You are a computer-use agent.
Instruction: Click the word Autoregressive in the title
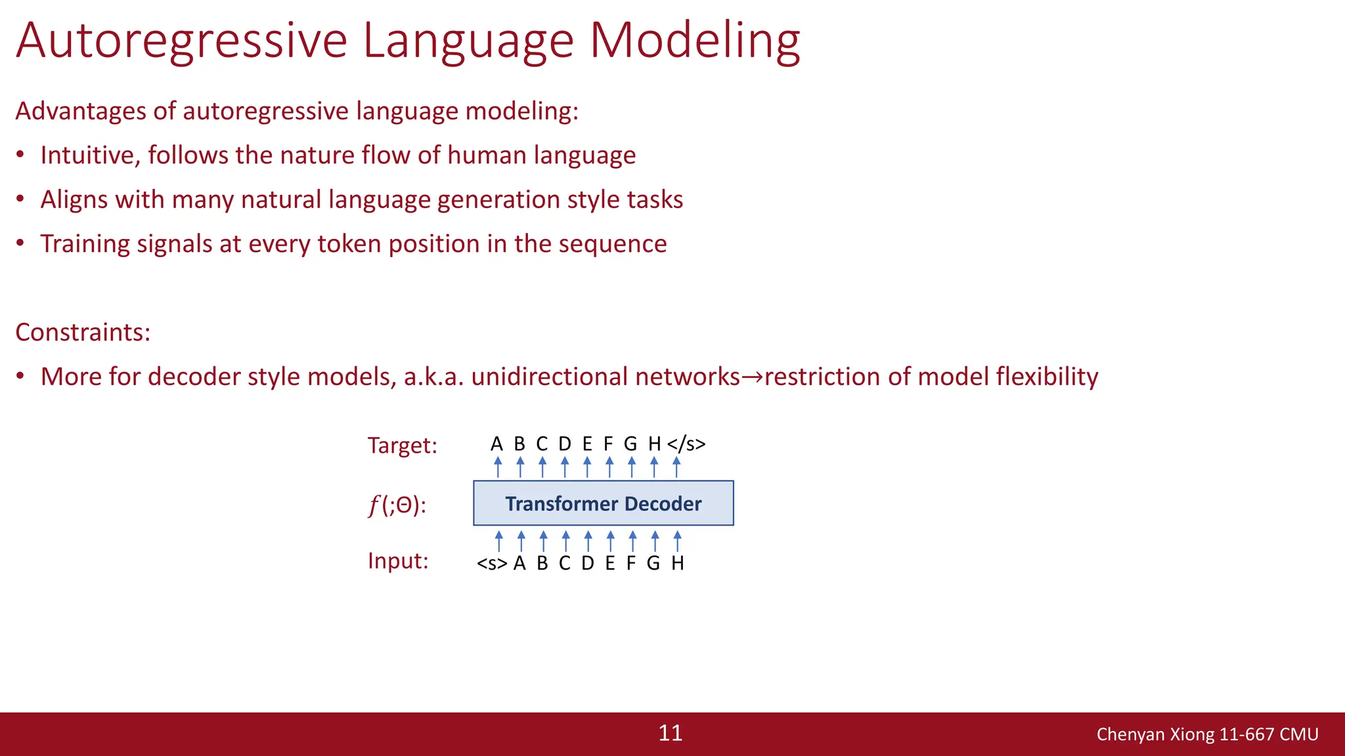(181, 41)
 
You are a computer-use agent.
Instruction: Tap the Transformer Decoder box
(603, 503)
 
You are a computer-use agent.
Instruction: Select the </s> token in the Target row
(686, 444)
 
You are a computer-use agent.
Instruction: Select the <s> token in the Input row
(492, 564)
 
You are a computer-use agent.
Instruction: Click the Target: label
(402, 446)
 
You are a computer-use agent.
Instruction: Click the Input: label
(398, 561)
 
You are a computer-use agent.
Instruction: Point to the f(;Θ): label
(397, 505)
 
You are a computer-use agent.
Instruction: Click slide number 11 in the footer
(671, 733)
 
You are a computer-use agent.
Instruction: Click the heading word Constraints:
(83, 333)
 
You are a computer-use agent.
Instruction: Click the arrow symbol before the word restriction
(752, 377)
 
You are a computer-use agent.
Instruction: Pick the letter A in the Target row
(496, 444)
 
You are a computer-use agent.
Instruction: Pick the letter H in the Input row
(678, 564)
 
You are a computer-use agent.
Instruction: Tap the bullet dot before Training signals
(20, 243)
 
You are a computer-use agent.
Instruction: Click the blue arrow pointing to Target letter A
(498, 467)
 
